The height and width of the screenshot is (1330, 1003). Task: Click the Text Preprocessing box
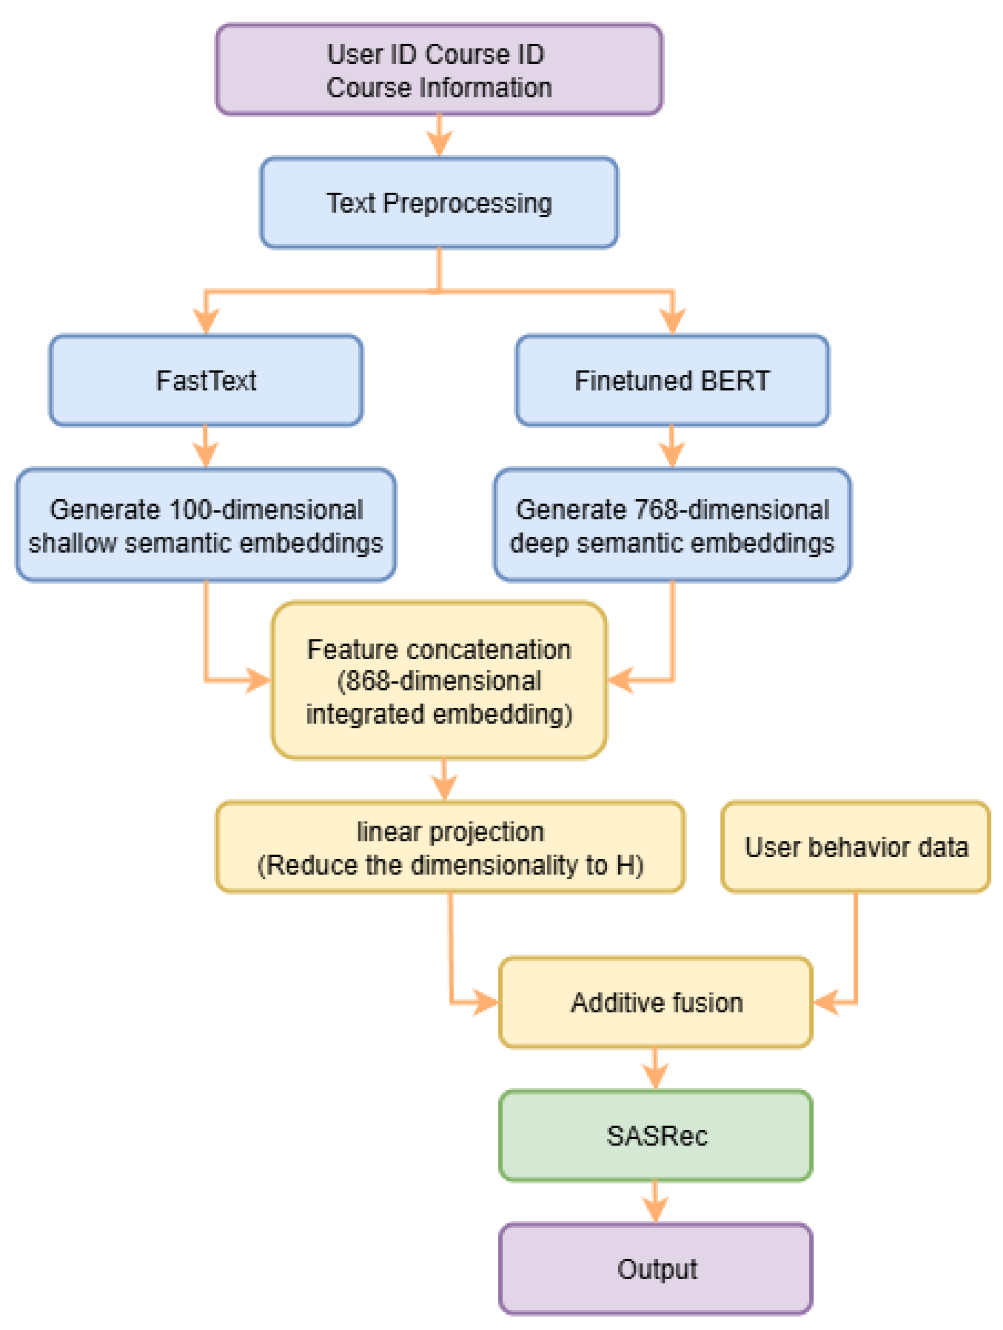pos(439,203)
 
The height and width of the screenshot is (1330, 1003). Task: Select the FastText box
pos(206,380)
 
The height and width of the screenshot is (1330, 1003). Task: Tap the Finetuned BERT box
pos(672,380)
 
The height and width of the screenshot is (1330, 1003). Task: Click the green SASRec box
pos(656,1135)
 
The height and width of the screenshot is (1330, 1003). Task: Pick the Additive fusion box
pos(656,1002)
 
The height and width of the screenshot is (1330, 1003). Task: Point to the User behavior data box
pos(855,847)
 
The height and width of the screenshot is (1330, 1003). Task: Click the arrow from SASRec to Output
pos(655,1203)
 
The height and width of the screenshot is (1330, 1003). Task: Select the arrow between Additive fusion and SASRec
pos(655,1069)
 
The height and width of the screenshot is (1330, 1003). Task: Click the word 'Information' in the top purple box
pos(486,88)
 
